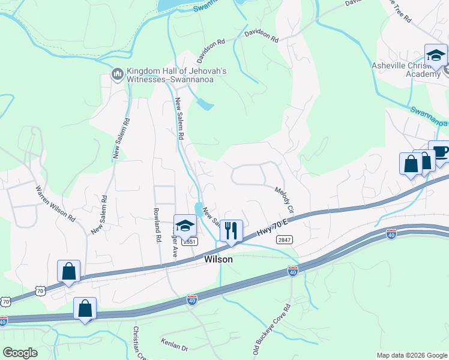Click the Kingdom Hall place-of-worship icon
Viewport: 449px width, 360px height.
117,74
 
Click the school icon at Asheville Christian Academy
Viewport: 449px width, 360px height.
435,56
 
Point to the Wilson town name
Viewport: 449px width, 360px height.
218,259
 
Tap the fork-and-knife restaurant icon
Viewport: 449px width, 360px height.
231,230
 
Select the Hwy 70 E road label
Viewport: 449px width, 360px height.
271,227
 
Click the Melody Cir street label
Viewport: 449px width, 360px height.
284,201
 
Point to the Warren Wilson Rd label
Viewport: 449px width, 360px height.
55,202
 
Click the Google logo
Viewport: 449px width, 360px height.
20,353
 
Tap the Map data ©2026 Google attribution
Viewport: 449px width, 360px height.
412,355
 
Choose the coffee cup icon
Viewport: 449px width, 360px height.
440,152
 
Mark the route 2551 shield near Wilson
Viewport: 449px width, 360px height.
189,241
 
